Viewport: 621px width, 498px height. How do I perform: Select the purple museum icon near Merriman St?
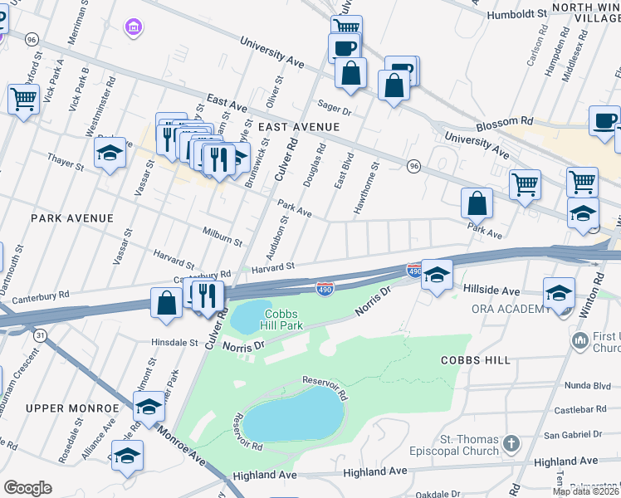pos(132,29)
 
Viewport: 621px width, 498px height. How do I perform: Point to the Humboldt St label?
pos(519,14)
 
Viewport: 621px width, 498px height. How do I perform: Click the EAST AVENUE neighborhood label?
pos(299,126)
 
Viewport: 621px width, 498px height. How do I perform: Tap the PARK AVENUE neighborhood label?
pos(71,217)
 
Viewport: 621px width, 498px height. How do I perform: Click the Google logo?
pos(27,487)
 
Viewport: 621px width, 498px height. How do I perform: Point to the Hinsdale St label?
pos(174,341)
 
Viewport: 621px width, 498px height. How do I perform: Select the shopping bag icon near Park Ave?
pos(477,203)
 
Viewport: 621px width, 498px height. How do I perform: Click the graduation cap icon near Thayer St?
pos(110,153)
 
